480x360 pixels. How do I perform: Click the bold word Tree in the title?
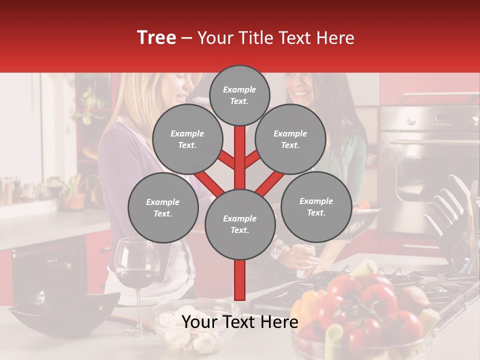pyautogui.click(x=156, y=37)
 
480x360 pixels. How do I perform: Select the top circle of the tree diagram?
pyautogui.click(x=239, y=95)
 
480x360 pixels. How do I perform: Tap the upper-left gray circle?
pyautogui.click(x=187, y=139)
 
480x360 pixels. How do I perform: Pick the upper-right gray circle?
pyautogui.click(x=290, y=139)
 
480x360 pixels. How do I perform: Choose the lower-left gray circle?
pyautogui.click(x=163, y=208)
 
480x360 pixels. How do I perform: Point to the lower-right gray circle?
pyautogui.click(x=316, y=206)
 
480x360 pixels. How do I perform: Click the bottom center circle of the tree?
pyautogui.click(x=240, y=224)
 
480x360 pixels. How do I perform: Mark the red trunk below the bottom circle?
pyautogui.click(x=240, y=280)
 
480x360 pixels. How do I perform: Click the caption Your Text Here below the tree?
pyautogui.click(x=240, y=322)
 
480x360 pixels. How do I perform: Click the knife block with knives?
pyautogui.click(x=450, y=215)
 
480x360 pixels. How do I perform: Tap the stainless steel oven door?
pyautogui.click(x=430, y=165)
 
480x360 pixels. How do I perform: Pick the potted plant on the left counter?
pyautogui.click(x=75, y=192)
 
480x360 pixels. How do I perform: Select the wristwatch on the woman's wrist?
pyautogui.click(x=278, y=251)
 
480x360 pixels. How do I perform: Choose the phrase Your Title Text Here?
pyautogui.click(x=276, y=38)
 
